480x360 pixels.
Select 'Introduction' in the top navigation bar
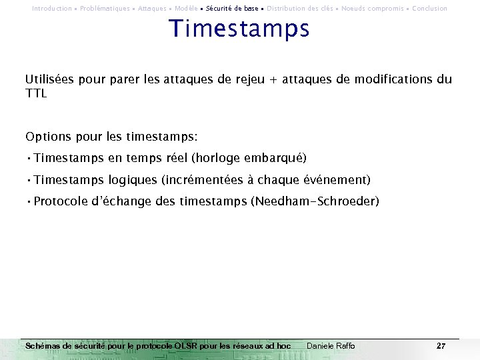(x=51, y=9)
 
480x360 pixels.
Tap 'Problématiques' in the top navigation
(x=105, y=9)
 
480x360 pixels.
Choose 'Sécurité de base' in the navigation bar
(x=232, y=9)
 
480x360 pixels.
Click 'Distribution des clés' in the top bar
(x=299, y=9)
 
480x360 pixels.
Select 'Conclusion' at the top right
(x=429, y=9)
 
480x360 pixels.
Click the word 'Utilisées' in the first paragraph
(x=50, y=80)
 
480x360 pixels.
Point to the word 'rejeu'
(x=249, y=80)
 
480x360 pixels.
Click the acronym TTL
(x=36, y=94)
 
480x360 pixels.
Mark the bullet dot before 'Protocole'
(x=29, y=201)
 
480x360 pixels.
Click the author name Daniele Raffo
(x=331, y=346)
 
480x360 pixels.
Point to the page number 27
(x=441, y=346)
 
